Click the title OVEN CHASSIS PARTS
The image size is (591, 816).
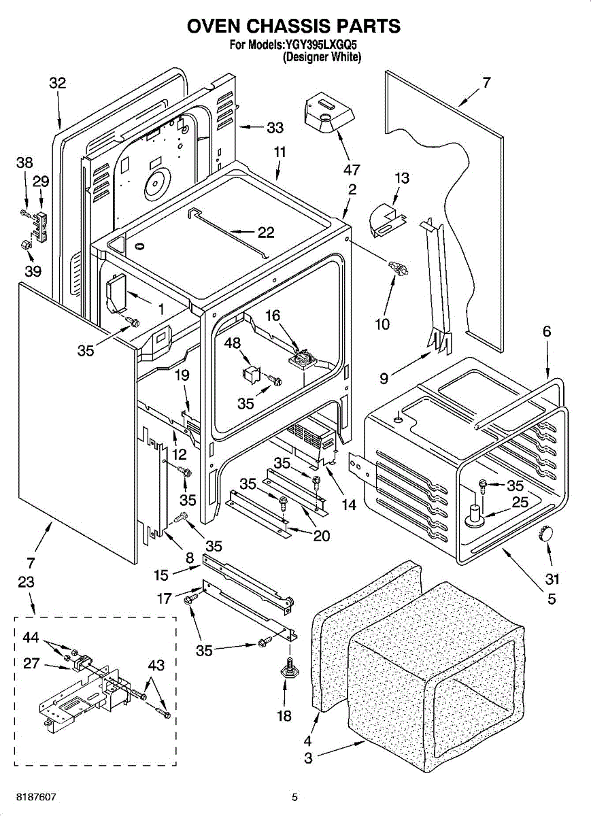(x=294, y=27)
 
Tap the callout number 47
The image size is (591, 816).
(x=352, y=170)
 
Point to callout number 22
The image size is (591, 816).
(x=265, y=233)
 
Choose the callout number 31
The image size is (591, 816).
(x=552, y=579)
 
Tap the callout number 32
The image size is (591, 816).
(x=58, y=83)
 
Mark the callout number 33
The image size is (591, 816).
(x=275, y=127)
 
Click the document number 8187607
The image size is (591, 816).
(x=37, y=796)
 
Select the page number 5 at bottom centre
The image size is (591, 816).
(x=294, y=797)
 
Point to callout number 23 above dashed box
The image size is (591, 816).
(x=26, y=582)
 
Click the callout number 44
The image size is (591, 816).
(x=31, y=638)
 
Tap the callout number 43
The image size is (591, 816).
(x=156, y=666)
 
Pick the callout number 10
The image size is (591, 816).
(x=382, y=324)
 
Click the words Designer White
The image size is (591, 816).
(x=322, y=58)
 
